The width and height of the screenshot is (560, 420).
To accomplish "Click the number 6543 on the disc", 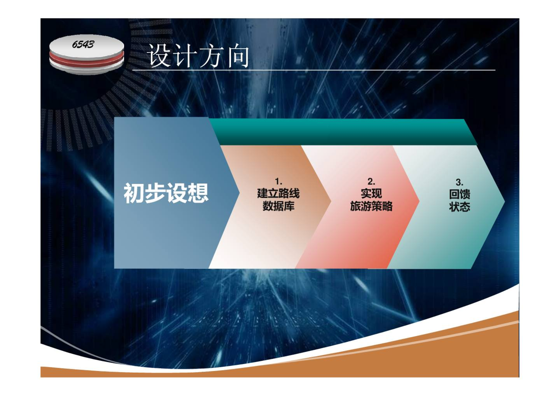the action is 83,44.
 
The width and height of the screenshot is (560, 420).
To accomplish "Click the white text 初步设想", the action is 166,193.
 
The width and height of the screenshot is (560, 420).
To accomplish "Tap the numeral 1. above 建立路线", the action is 279,181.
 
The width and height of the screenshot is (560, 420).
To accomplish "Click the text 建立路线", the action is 278,193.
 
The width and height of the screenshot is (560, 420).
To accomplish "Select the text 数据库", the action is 279,206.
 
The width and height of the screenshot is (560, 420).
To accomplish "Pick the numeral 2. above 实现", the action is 371,181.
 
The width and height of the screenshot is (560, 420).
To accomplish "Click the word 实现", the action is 371,193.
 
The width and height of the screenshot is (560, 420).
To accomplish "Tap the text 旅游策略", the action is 371,206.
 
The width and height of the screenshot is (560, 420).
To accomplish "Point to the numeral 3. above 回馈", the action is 460,182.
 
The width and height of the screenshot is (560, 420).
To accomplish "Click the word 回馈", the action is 460,194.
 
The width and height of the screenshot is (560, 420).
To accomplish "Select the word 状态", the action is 460,207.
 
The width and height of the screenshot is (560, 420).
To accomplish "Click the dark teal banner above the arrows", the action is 343,132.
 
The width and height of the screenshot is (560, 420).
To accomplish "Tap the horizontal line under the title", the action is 314,70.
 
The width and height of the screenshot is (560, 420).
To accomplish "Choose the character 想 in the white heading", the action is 198,193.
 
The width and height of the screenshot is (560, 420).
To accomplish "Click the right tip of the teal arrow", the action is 504,201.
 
